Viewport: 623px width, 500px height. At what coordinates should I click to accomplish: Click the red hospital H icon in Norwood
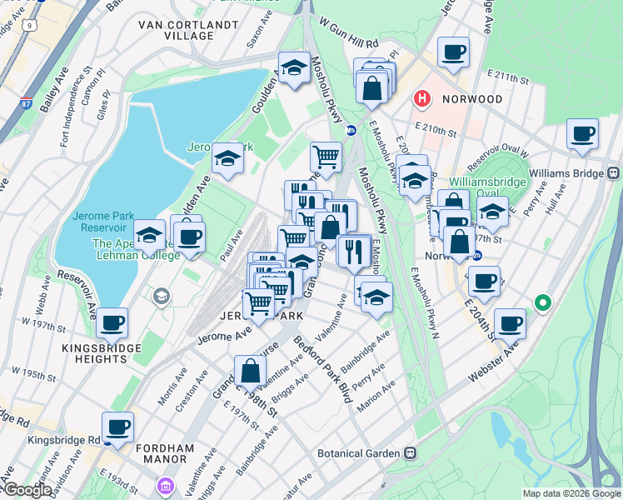[422, 99]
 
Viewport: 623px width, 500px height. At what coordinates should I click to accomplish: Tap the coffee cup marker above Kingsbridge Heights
[112, 322]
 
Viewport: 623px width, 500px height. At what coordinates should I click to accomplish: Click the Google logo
[27, 491]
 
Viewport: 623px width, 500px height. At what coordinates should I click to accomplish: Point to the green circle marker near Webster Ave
[545, 303]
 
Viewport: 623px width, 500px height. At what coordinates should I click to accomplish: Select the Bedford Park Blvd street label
[321, 367]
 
